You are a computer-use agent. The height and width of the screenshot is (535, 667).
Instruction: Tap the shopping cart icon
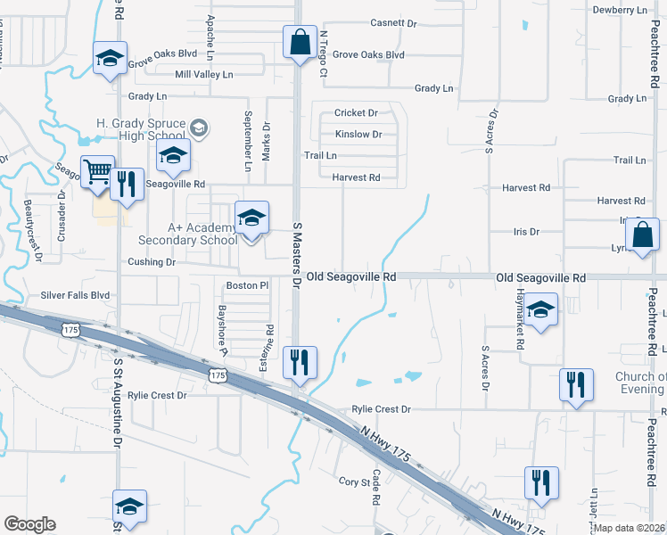[x=97, y=170]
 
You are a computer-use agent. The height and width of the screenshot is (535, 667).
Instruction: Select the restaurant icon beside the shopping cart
[x=126, y=185]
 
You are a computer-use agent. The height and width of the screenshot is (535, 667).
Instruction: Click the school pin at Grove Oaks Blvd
[x=110, y=60]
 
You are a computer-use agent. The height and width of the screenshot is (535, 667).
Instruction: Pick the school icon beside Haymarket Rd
[x=540, y=309]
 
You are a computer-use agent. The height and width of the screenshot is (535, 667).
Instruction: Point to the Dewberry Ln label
[x=622, y=10]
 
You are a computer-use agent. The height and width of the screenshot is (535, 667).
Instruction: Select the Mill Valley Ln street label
[x=203, y=75]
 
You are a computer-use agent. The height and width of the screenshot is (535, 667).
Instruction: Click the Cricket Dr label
[x=356, y=113]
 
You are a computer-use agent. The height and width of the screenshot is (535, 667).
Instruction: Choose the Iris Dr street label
[x=526, y=232]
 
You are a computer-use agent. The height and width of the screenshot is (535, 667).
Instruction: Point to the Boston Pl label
[x=247, y=285]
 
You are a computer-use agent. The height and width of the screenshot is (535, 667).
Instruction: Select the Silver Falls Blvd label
[x=75, y=295]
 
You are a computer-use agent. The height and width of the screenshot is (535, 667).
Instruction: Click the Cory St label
[x=354, y=481]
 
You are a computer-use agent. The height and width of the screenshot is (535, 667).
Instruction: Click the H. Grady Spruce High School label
[x=141, y=129]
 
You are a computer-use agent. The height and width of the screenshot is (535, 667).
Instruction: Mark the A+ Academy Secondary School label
[x=187, y=234]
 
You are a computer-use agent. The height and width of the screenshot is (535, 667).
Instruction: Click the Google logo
[x=29, y=524]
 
